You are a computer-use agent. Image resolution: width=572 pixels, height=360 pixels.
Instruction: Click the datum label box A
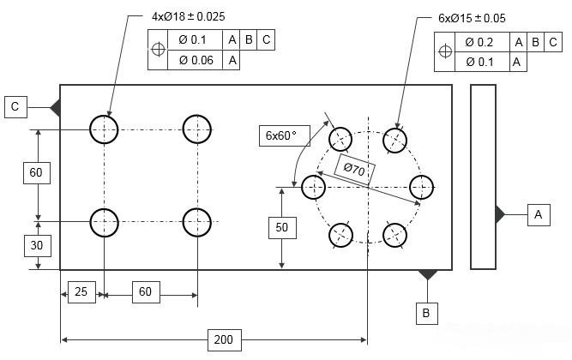pos(539,214)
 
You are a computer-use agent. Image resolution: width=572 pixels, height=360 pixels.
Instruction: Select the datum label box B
pos(426,314)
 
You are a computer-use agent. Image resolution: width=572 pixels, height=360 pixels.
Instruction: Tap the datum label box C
pos(15,106)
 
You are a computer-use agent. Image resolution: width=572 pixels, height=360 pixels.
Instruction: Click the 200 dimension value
pos(223,340)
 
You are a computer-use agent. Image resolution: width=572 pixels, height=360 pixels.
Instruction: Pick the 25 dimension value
pos(81,292)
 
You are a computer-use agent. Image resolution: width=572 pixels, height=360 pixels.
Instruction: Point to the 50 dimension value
pos(282,227)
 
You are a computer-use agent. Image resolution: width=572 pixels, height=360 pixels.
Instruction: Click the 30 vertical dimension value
pos(36,245)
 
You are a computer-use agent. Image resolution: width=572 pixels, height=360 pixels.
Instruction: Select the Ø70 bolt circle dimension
pos(355,171)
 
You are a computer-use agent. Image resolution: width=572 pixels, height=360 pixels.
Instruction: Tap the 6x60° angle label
pos(280,135)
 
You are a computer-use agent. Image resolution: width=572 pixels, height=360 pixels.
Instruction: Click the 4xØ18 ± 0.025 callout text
pos(189,17)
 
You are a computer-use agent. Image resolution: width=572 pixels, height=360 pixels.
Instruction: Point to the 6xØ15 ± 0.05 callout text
pos(472,18)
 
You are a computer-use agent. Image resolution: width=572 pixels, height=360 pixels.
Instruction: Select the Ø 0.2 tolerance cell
pos(479,42)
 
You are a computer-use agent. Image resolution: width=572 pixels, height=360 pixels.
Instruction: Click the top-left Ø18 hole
pos(104,129)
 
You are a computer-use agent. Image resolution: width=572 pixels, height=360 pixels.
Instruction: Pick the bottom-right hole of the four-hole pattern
pos(197,222)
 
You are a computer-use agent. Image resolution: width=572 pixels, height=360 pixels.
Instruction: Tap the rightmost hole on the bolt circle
pos(420,186)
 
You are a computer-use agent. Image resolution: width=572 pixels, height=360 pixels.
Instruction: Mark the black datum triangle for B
pos(427,275)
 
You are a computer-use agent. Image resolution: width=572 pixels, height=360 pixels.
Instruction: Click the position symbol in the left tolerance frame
pos(157,50)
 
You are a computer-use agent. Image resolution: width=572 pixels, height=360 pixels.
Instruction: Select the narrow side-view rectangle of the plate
pos(483,177)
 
